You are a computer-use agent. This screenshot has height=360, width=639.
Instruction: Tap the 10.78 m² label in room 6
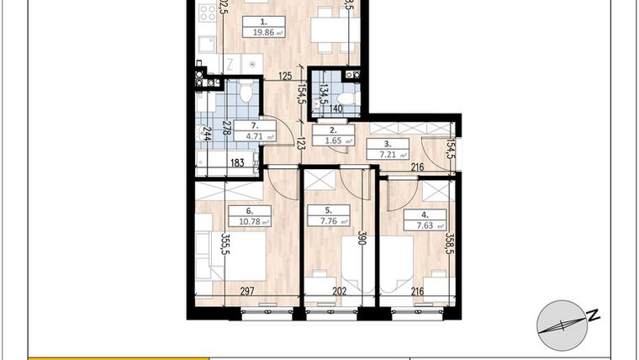[x=249, y=222]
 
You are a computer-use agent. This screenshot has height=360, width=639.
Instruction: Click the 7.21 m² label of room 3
[x=388, y=155]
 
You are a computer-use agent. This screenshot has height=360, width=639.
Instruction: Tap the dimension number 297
[x=246, y=293]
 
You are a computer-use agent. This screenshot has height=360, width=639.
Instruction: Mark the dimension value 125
[x=285, y=77]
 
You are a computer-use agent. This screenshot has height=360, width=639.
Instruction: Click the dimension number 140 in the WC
[x=336, y=109]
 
